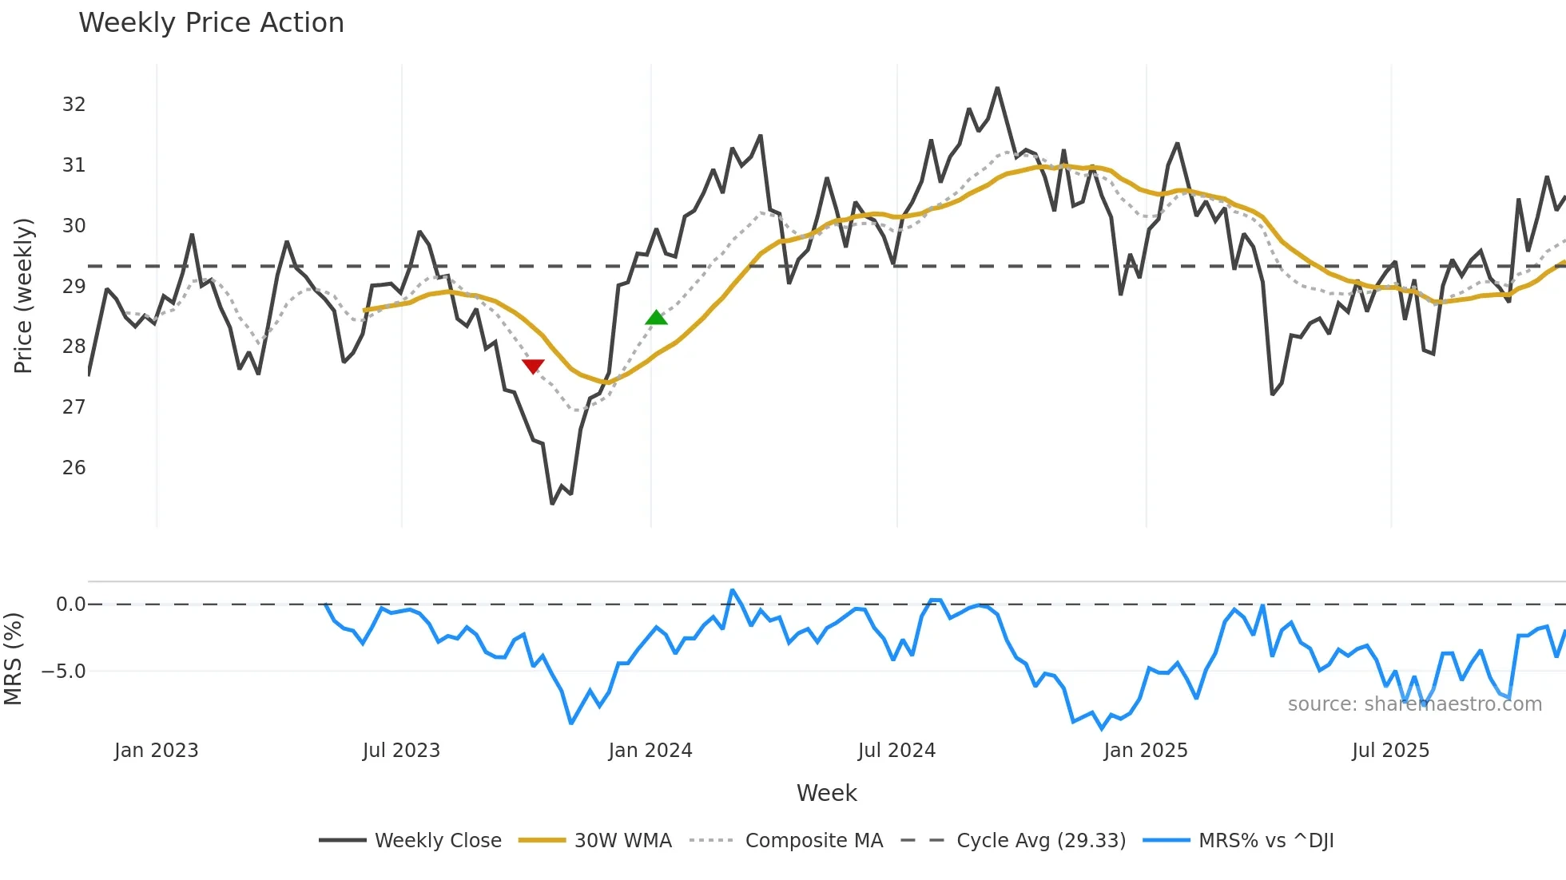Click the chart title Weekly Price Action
tap(211, 23)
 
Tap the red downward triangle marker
tap(533, 366)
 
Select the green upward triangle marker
tap(656, 318)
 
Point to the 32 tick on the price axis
tap(74, 105)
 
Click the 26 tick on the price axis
tap(74, 468)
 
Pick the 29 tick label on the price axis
tap(74, 286)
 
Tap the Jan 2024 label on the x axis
tap(650, 751)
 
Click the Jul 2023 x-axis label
tap(401, 751)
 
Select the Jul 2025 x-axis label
tap(1390, 751)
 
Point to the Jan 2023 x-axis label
tap(156, 751)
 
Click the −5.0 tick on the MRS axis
tap(64, 672)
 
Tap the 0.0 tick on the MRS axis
tap(70, 605)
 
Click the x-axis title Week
tap(826, 793)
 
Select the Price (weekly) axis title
tap(23, 295)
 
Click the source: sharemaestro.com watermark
tap(1414, 704)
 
